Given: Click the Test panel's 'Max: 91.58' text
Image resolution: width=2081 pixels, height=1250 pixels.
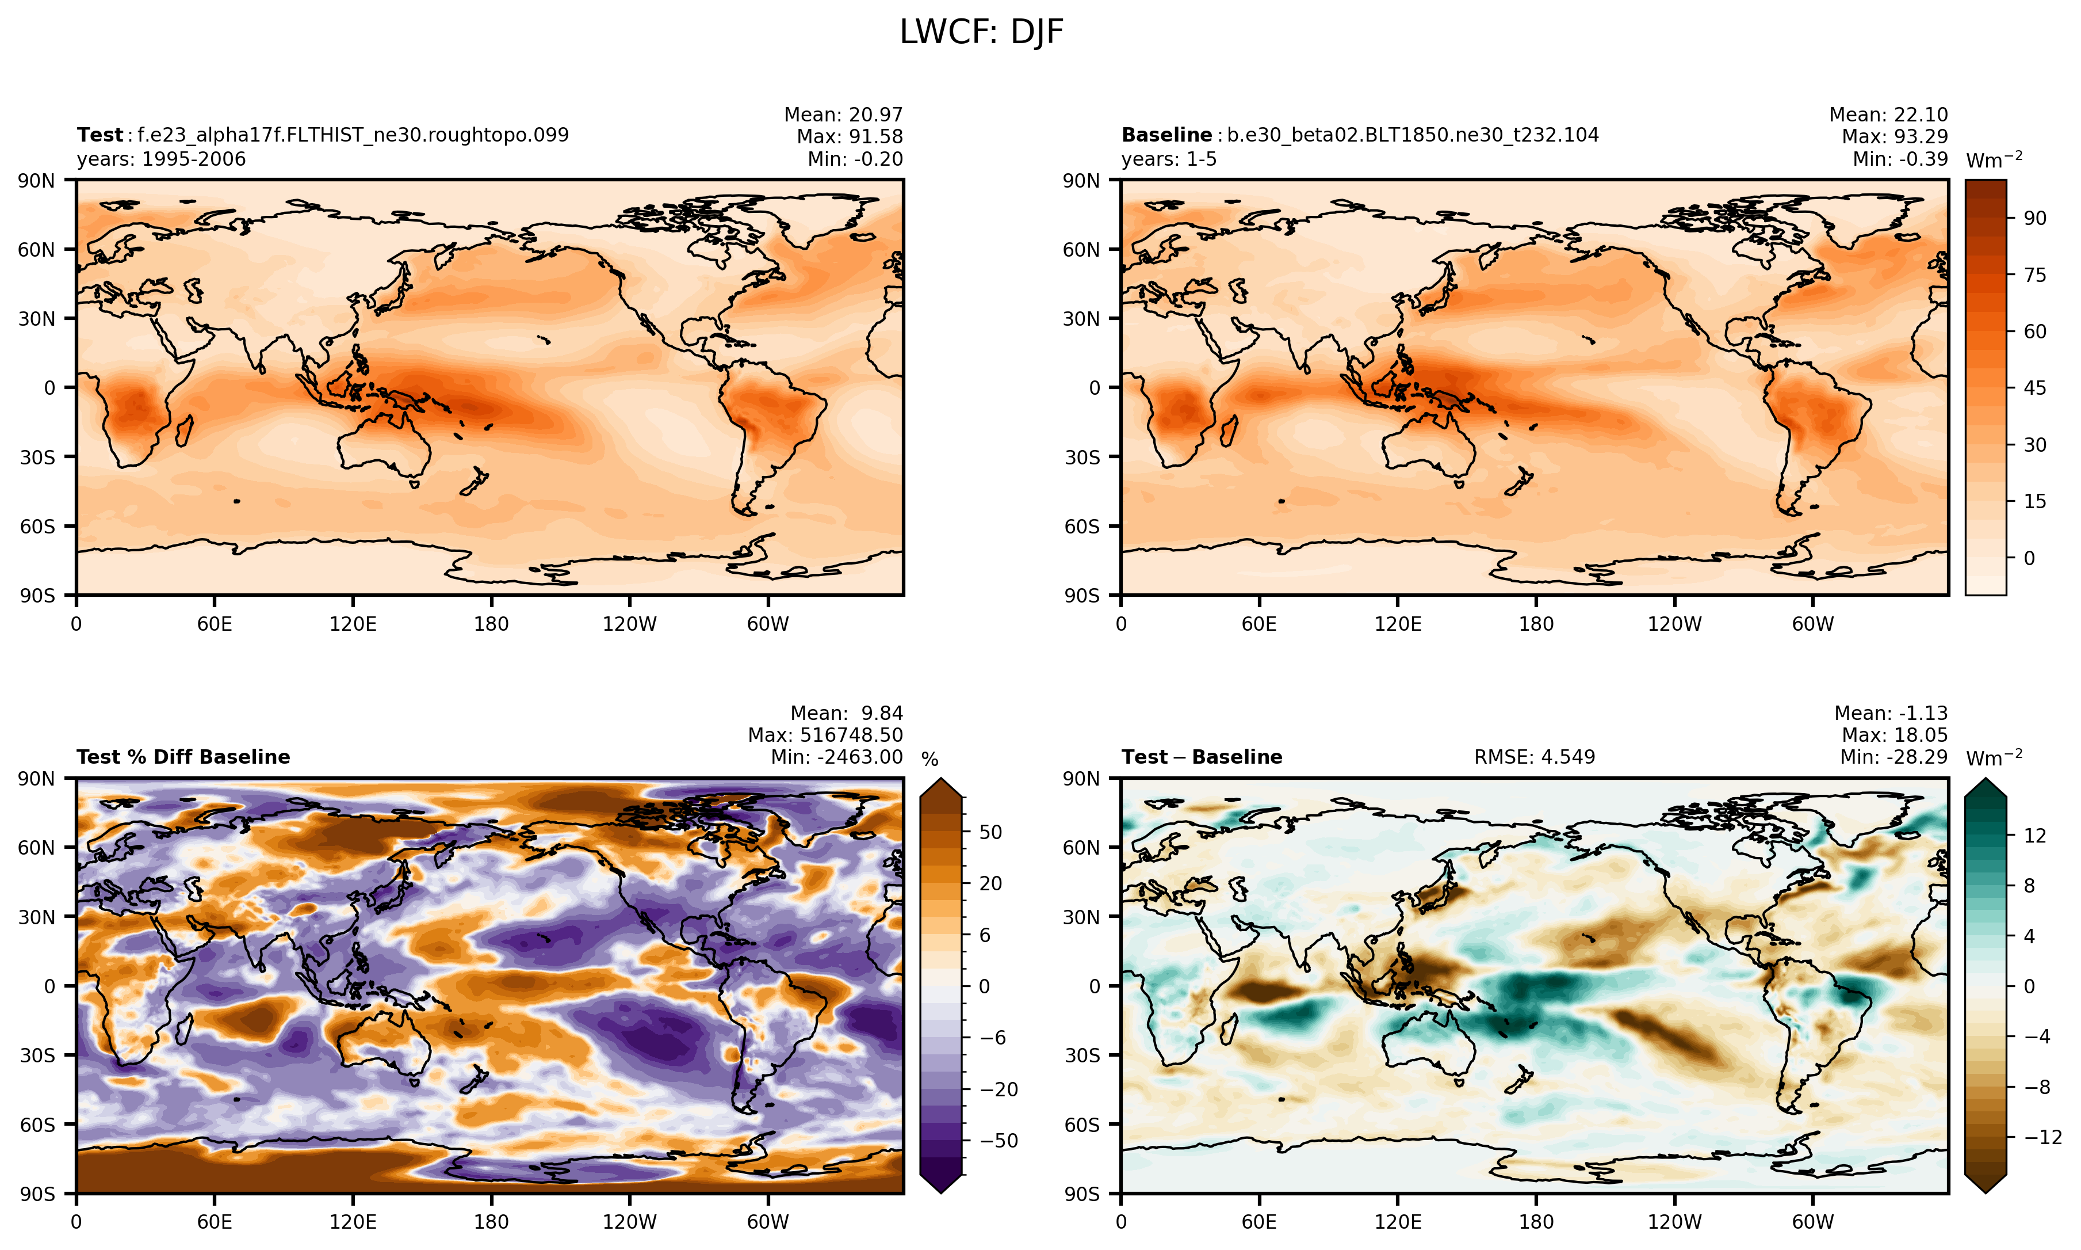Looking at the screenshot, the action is pos(850,136).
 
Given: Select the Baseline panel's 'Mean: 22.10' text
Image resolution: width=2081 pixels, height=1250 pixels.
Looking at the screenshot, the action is pos(1888,115).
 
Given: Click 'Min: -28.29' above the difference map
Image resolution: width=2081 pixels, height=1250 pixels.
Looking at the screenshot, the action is pos(1893,757).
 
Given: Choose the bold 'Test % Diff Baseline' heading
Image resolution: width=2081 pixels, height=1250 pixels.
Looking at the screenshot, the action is pos(183,757).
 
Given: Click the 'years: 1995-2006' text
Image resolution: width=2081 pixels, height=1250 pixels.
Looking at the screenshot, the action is pos(162,159).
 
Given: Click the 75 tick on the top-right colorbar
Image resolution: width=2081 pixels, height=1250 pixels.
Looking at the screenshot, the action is pos(2035,275).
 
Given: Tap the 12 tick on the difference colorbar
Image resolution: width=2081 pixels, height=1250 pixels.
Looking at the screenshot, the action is pos(2035,836).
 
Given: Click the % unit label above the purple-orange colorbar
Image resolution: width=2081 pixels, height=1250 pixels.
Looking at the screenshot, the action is pos(929,760).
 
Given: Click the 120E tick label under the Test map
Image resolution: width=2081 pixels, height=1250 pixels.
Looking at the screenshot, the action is pos(353,624).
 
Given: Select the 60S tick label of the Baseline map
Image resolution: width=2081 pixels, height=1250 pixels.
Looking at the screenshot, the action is pos(1082,527).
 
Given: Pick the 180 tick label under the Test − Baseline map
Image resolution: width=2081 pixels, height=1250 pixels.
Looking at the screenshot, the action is pos(1536,1221).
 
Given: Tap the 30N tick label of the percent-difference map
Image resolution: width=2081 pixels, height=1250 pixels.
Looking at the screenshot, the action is pos(36,916).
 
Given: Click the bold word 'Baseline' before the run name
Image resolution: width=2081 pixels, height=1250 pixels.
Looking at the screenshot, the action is pos(1167,135).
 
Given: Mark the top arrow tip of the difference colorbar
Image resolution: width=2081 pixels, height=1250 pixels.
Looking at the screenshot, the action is pos(1986,780).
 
